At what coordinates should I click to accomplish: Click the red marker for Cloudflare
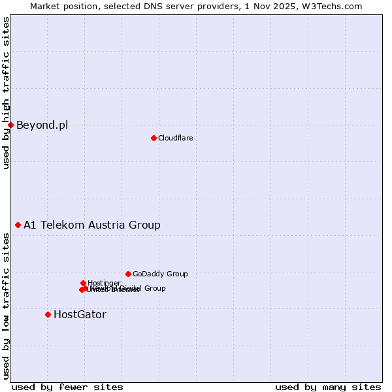coord(154,138)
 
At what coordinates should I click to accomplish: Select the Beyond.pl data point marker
coord(10,125)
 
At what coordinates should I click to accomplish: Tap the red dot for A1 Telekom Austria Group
coord(18,225)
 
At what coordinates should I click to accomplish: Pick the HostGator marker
coord(48,314)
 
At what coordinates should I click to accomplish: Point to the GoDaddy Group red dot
coord(128,274)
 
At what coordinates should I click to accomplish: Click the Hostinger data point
coord(83,283)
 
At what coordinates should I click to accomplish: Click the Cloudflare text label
coord(175,138)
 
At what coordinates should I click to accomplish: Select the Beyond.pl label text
coord(42,125)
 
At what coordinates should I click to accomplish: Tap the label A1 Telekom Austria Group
coord(92,225)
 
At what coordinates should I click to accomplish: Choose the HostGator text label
coord(80,315)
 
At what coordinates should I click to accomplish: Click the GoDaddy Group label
coord(160,274)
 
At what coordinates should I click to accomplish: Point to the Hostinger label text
coord(104,283)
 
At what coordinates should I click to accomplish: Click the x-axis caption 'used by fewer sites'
coord(67,387)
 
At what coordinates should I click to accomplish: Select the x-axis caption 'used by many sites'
coord(328,387)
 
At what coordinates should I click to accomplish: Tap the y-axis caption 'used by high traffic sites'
coord(6,93)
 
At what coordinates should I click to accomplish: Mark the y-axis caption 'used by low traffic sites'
coord(6,306)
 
